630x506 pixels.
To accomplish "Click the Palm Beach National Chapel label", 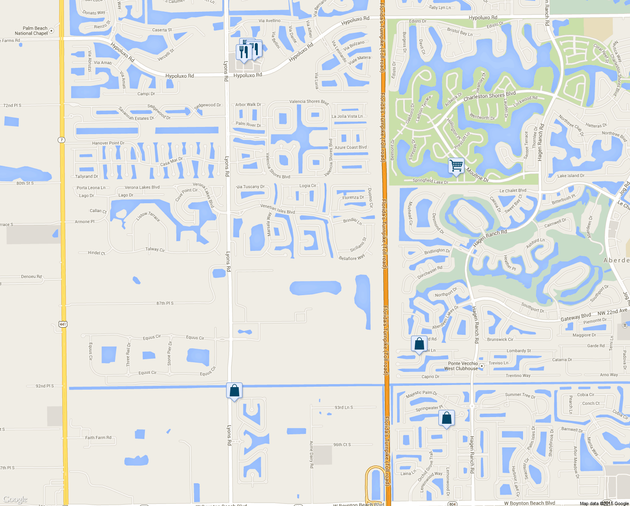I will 31,31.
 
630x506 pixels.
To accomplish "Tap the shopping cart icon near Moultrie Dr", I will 456,165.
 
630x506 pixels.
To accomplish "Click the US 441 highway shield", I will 63,324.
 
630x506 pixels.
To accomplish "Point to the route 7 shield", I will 62,140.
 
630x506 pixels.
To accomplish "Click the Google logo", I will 15,500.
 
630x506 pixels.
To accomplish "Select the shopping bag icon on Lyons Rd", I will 234,391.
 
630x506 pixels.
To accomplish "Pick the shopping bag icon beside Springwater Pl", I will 446,418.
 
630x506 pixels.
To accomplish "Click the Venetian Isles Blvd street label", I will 278,209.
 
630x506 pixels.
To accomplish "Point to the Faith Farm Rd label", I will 98,438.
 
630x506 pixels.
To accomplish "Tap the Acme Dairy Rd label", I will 312,454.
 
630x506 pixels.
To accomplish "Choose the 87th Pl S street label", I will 165,303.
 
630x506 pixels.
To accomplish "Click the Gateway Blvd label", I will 575,317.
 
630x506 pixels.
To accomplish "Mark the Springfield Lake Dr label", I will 430,181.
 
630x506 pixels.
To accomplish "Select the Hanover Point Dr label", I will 108,143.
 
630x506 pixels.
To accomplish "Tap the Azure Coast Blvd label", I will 350,148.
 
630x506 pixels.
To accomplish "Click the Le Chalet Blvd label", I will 513,191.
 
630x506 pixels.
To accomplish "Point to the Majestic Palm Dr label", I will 421,394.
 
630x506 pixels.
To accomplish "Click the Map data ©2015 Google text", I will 604,503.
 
